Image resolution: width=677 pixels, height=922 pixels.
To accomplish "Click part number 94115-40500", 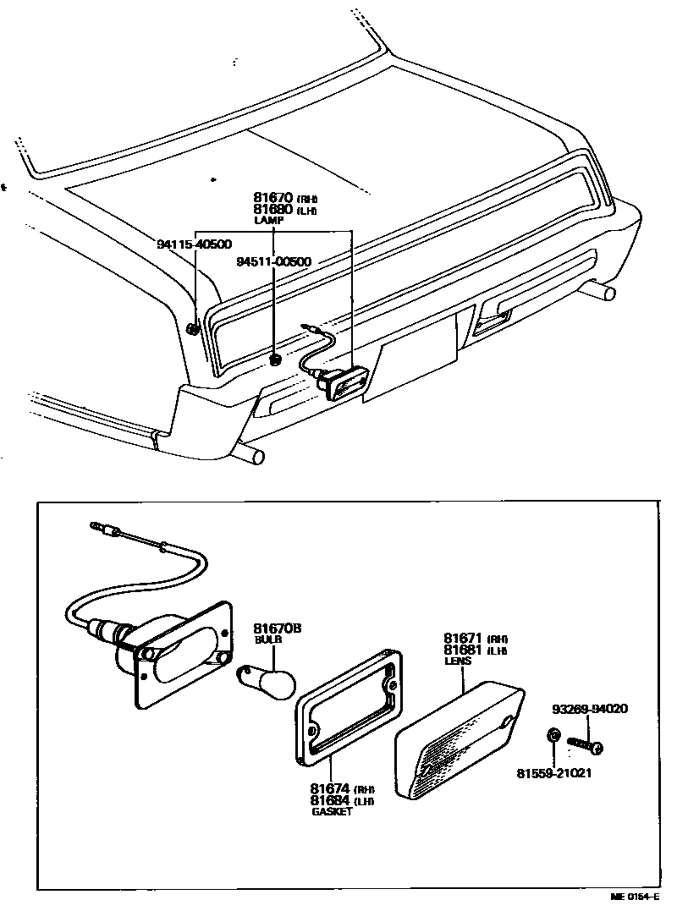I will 194,244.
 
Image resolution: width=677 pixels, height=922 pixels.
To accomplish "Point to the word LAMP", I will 270,220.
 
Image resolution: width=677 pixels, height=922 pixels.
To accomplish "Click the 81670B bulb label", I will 278,628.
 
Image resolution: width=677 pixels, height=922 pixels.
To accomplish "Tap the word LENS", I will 457,661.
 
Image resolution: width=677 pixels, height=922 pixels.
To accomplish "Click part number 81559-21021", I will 554,773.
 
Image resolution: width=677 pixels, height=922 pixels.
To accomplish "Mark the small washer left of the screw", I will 552,734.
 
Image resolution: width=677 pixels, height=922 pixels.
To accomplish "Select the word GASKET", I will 331,812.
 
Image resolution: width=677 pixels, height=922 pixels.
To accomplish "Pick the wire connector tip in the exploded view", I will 96,527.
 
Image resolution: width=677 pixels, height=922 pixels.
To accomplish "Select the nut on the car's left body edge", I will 194,328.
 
